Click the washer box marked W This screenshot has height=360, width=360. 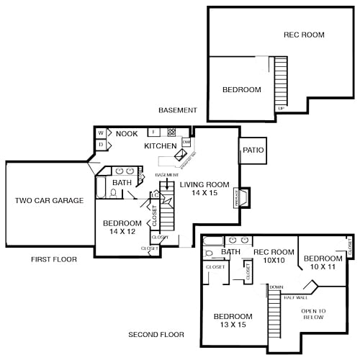click(102, 133)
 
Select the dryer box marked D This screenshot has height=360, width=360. click(102, 145)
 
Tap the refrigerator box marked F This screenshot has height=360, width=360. click(153, 132)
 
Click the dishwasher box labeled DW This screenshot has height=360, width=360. click(186, 142)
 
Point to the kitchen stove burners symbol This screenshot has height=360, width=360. click(172, 132)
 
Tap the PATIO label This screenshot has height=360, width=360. click(253, 150)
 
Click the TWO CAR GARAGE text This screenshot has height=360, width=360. click(49, 200)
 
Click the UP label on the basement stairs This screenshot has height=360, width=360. click(280, 109)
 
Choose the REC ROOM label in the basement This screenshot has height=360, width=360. click(303, 35)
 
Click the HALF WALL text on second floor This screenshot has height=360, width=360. click(295, 297)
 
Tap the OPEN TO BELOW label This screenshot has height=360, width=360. click(313, 315)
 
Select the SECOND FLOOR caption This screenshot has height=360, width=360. click(156, 335)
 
